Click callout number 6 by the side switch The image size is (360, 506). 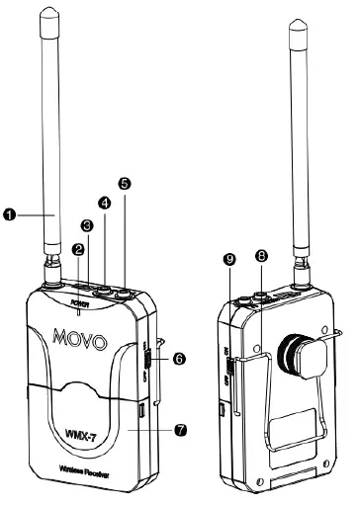(x=178, y=360)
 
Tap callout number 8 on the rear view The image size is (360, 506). (x=261, y=256)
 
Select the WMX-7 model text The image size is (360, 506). (x=94, y=431)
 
